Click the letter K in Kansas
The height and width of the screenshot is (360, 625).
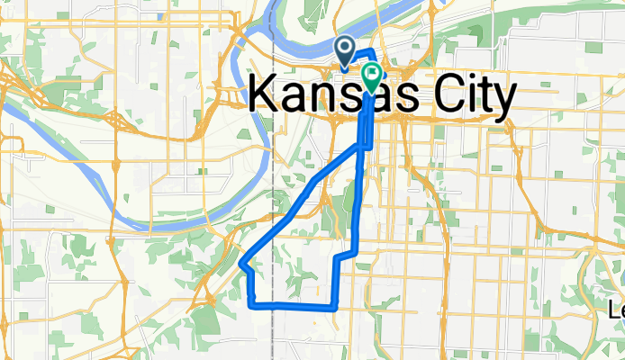[262, 94]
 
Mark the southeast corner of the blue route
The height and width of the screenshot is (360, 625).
[335, 306]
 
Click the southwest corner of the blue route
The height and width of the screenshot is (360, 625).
[249, 305]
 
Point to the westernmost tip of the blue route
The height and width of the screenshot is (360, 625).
[243, 264]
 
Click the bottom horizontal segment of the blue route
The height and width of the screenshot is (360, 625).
[293, 306]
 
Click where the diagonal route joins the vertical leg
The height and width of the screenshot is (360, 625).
[360, 147]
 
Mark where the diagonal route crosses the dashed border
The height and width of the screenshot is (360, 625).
[272, 233]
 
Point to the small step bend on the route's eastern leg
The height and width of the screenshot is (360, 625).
[338, 256]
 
